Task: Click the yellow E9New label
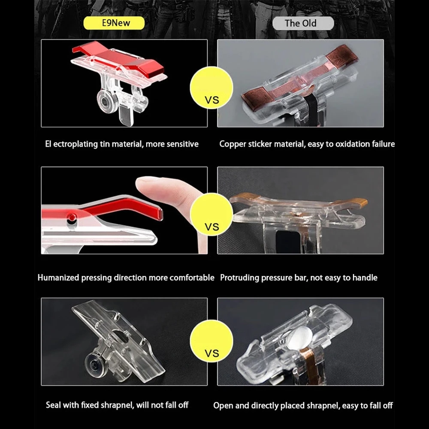click(x=114, y=23)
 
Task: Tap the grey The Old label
click(x=303, y=23)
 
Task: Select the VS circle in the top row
click(x=211, y=88)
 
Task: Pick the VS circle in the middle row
click(x=211, y=214)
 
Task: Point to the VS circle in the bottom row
click(x=211, y=341)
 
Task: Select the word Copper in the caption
click(x=232, y=144)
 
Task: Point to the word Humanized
click(x=58, y=278)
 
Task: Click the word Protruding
click(x=239, y=278)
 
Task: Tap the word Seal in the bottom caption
click(x=53, y=405)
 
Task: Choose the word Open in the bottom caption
click(x=223, y=405)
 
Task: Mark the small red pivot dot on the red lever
click(x=72, y=217)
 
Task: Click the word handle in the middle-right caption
click(x=365, y=278)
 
